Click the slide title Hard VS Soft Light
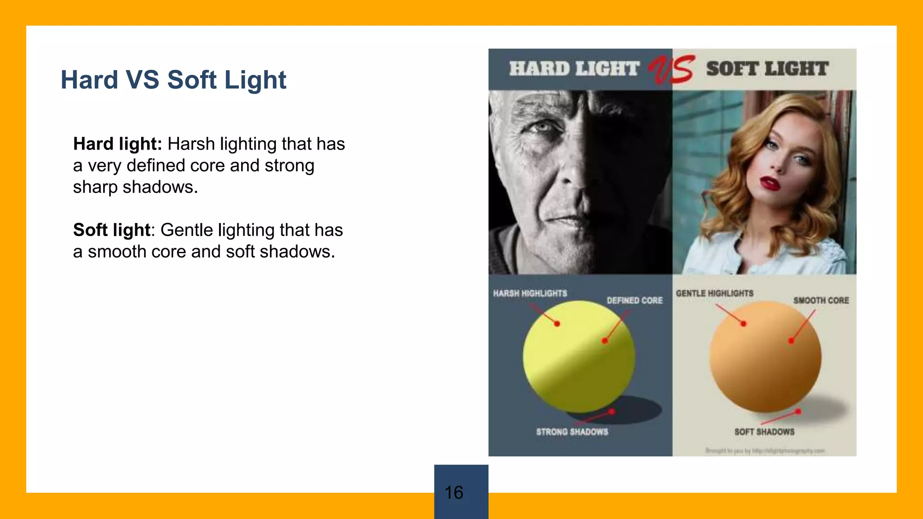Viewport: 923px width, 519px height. pos(173,80)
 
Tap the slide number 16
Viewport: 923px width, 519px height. pos(454,492)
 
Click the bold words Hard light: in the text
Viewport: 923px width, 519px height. pos(117,144)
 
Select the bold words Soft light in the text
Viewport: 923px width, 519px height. pos(111,230)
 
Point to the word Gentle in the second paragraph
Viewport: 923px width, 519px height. pos(187,230)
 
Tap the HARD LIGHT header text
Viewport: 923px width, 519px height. pos(574,69)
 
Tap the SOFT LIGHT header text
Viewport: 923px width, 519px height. pos(767,69)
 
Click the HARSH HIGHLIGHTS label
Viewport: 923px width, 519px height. pos(530,293)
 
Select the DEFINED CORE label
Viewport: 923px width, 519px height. pos(635,300)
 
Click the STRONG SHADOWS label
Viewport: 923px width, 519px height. pos(572,432)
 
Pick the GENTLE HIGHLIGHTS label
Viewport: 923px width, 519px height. pos(714,293)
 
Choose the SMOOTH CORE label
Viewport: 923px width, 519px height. pos(821,300)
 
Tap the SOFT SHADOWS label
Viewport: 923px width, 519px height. pos(764,432)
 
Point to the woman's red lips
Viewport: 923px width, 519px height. pos(770,183)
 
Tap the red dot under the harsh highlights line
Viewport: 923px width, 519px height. pos(557,323)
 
